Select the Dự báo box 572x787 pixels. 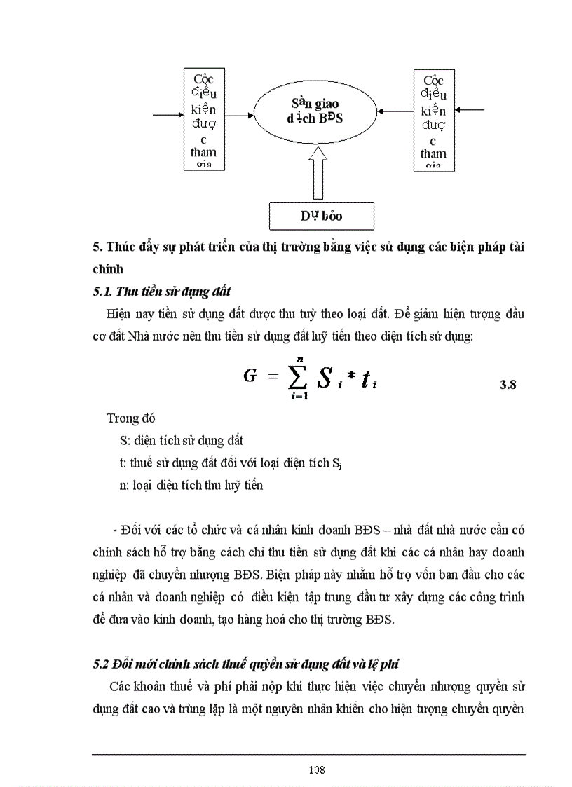(322, 216)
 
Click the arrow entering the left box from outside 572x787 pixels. (168, 114)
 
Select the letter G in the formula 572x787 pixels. (250, 376)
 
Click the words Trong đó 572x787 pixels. (130, 418)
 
